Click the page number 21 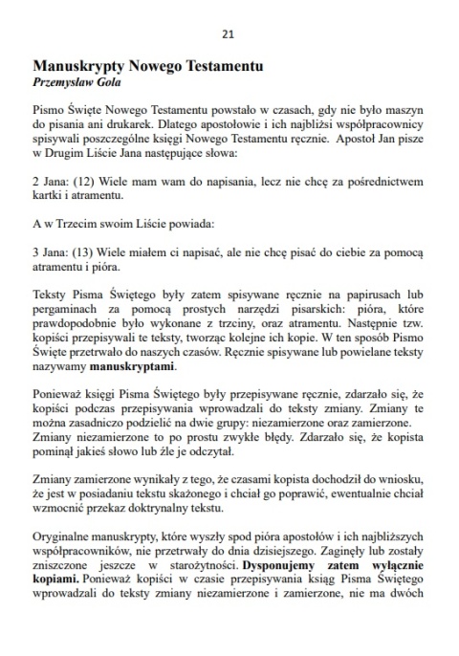[x=228, y=33]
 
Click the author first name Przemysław [x=63, y=81]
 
